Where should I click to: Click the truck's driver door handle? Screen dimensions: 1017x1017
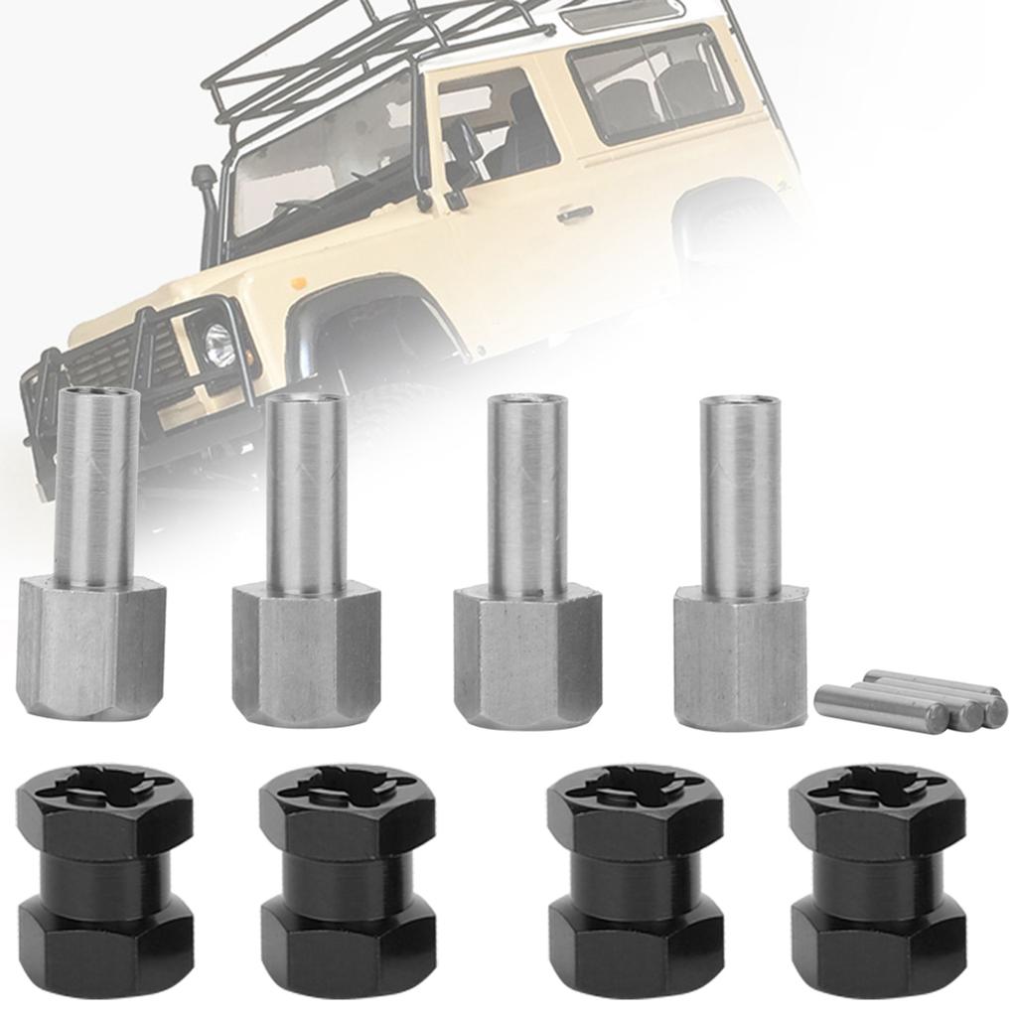[x=574, y=213]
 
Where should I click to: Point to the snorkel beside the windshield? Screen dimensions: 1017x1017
[x=206, y=214]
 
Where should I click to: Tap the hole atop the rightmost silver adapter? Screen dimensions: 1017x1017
[x=739, y=402]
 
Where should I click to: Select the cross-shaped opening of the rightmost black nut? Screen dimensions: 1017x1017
[x=877, y=787]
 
